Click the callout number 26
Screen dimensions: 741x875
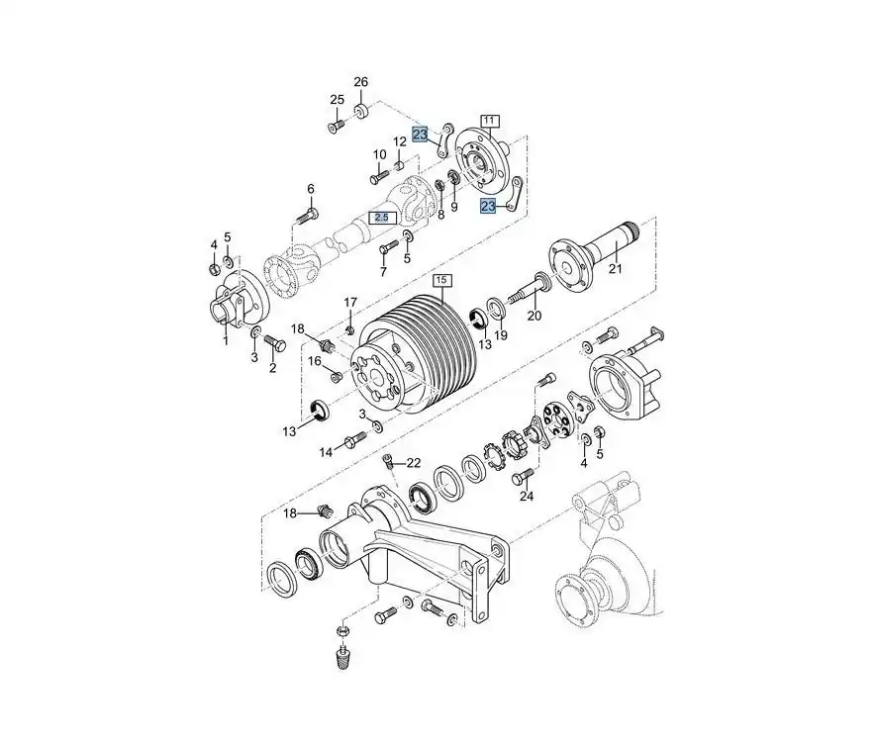point(360,81)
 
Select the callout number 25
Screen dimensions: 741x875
point(337,100)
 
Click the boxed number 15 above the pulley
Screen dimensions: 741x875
point(440,282)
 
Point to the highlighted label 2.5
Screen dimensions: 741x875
point(383,217)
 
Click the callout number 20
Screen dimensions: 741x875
point(535,317)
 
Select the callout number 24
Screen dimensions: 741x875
point(527,496)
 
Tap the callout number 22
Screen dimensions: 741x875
point(413,462)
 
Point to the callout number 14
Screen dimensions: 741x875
point(326,452)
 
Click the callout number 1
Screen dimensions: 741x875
point(225,340)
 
